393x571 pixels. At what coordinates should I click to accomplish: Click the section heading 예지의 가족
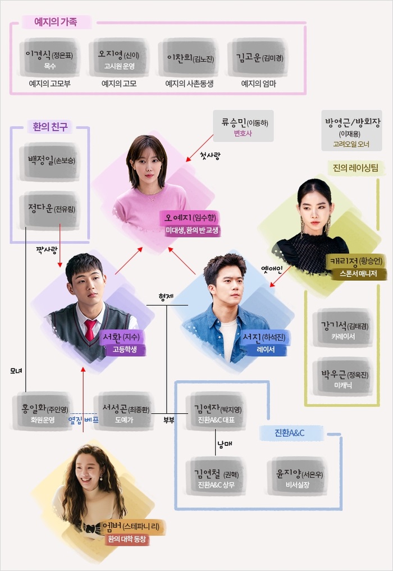56,22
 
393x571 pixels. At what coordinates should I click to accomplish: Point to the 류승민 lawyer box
243,126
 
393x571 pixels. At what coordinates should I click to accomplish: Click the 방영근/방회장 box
352,130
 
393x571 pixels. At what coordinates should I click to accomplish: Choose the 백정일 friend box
50,161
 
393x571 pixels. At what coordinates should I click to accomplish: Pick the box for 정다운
50,209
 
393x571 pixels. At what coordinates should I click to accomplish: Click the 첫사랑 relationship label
210,156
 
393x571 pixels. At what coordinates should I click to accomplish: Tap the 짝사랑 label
46,250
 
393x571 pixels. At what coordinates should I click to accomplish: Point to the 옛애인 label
272,269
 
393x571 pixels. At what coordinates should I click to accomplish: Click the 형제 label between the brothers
166,298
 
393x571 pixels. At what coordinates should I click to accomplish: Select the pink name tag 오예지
189,218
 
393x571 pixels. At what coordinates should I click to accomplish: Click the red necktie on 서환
90,330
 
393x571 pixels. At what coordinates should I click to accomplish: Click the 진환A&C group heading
290,433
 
